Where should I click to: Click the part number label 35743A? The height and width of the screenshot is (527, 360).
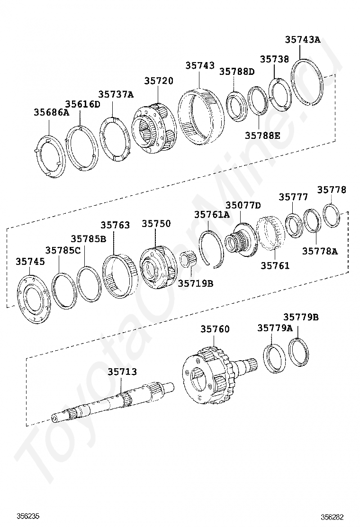point(303,40)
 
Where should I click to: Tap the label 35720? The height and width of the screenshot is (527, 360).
point(159,81)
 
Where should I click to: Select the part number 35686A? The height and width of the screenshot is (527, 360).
point(51,112)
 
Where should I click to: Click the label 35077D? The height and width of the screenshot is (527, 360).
point(243,205)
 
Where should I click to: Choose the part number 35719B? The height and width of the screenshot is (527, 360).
point(196,283)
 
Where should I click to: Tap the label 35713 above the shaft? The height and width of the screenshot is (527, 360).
point(122,372)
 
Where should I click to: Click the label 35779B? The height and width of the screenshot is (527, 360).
point(301,317)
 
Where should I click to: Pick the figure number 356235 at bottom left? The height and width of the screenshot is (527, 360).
point(28,516)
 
